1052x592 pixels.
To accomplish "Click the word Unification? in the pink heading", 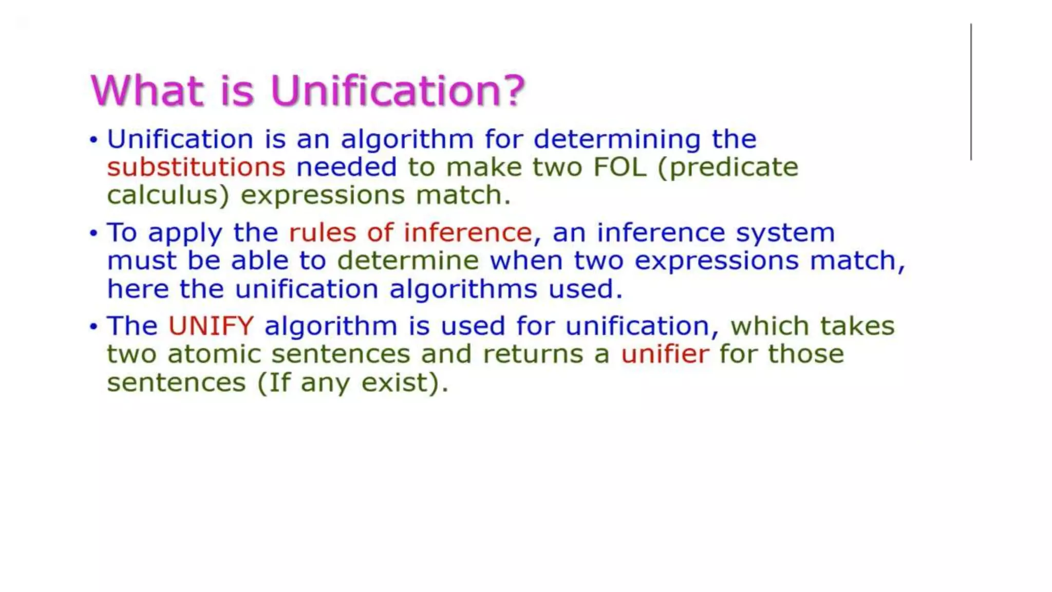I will coord(397,91).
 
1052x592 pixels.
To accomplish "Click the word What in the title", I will coord(147,91).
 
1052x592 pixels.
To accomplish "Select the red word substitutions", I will coord(196,168).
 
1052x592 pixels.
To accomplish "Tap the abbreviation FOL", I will coord(619,168).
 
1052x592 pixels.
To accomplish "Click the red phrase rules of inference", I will coord(410,233).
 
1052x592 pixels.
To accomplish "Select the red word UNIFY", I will coord(211,326).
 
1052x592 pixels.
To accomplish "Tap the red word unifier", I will coord(665,354).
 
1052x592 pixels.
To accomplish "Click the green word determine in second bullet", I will coord(408,261).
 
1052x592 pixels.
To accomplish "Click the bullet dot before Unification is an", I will coord(93,140).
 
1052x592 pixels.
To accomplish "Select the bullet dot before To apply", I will coord(93,233).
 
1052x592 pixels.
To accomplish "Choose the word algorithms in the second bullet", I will coord(463,289).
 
